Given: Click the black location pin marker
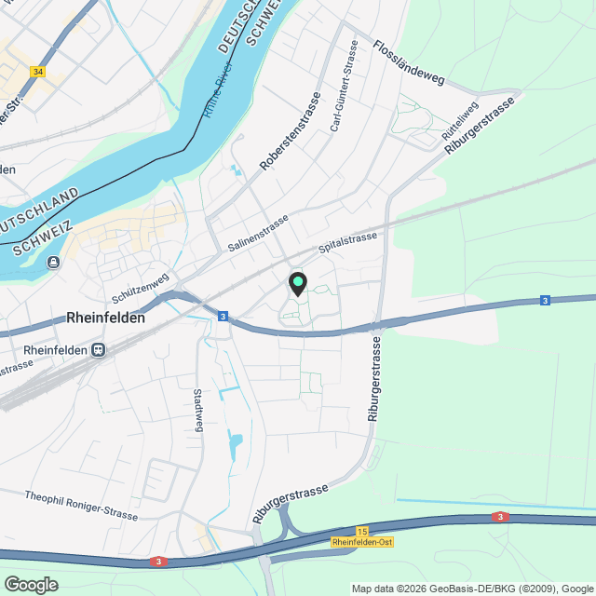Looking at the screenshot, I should click(x=298, y=283).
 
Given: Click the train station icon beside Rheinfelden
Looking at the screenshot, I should click(x=97, y=350).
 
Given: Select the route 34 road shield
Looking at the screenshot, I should click(x=37, y=71).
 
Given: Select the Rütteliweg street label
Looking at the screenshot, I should click(x=460, y=121).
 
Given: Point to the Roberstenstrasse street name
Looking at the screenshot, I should click(x=290, y=131).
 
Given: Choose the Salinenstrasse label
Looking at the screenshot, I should click(x=258, y=233).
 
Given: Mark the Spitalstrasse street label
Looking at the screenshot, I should click(x=348, y=243).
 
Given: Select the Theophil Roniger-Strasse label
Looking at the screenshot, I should click(x=82, y=505).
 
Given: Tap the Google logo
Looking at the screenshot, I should click(x=31, y=585).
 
